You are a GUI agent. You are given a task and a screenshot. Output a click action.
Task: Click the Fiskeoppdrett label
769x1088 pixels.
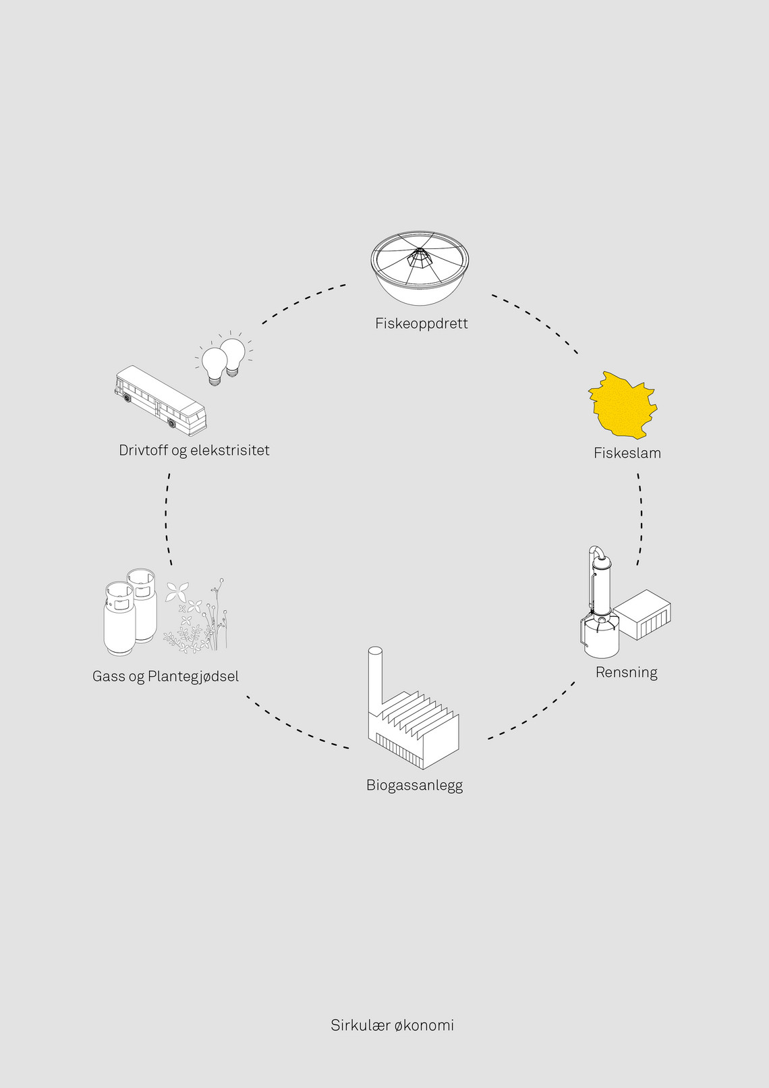422,323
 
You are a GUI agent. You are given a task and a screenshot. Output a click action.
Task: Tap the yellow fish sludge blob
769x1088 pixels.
623,404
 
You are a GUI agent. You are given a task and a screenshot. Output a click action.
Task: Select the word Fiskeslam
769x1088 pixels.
627,453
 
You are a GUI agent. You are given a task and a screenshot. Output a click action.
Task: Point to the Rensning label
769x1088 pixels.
626,673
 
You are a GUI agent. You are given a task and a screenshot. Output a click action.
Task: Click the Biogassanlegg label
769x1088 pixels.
415,786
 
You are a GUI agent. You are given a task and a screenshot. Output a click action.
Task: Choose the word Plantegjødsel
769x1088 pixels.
193,676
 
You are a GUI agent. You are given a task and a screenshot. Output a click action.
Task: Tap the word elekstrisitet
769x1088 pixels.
229,450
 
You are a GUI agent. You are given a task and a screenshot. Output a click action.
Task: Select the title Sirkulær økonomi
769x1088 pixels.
393,1025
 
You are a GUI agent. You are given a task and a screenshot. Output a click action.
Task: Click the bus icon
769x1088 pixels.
161,400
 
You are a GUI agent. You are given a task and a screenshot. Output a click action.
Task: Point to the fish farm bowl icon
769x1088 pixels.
420,268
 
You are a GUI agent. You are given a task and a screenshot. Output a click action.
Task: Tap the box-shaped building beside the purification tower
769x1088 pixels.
642,615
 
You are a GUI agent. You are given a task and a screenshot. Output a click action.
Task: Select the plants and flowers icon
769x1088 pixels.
196,615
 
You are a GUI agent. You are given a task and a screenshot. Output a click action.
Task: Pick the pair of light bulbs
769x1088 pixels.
224,359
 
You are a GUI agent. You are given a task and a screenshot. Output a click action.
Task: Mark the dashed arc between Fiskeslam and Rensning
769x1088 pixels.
642,519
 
